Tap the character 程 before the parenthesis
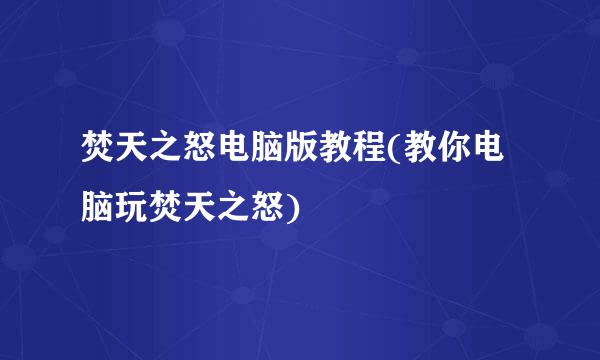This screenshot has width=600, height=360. click(371, 151)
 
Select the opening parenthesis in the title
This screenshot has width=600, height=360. click(396, 151)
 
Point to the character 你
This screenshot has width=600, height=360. click(456, 151)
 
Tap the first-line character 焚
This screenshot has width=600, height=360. click(99, 151)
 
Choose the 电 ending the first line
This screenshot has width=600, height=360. click(492, 151)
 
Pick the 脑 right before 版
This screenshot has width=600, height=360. click(269, 151)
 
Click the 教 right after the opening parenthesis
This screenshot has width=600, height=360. click(421, 151)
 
